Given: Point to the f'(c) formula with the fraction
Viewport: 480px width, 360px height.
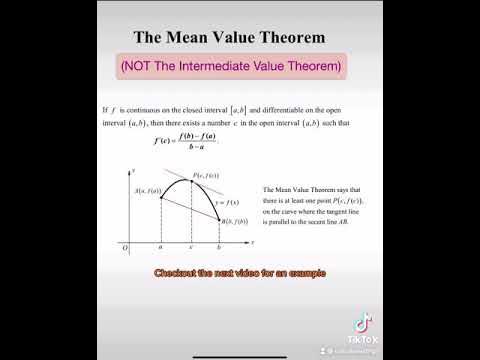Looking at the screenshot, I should (x=184, y=139).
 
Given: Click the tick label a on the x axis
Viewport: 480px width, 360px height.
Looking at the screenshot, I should (x=161, y=247).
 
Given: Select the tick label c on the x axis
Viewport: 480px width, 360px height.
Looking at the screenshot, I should (x=192, y=247).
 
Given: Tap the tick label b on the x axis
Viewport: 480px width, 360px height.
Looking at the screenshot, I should (x=218, y=247).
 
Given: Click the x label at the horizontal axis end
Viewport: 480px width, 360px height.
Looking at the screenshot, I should (x=253, y=241).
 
